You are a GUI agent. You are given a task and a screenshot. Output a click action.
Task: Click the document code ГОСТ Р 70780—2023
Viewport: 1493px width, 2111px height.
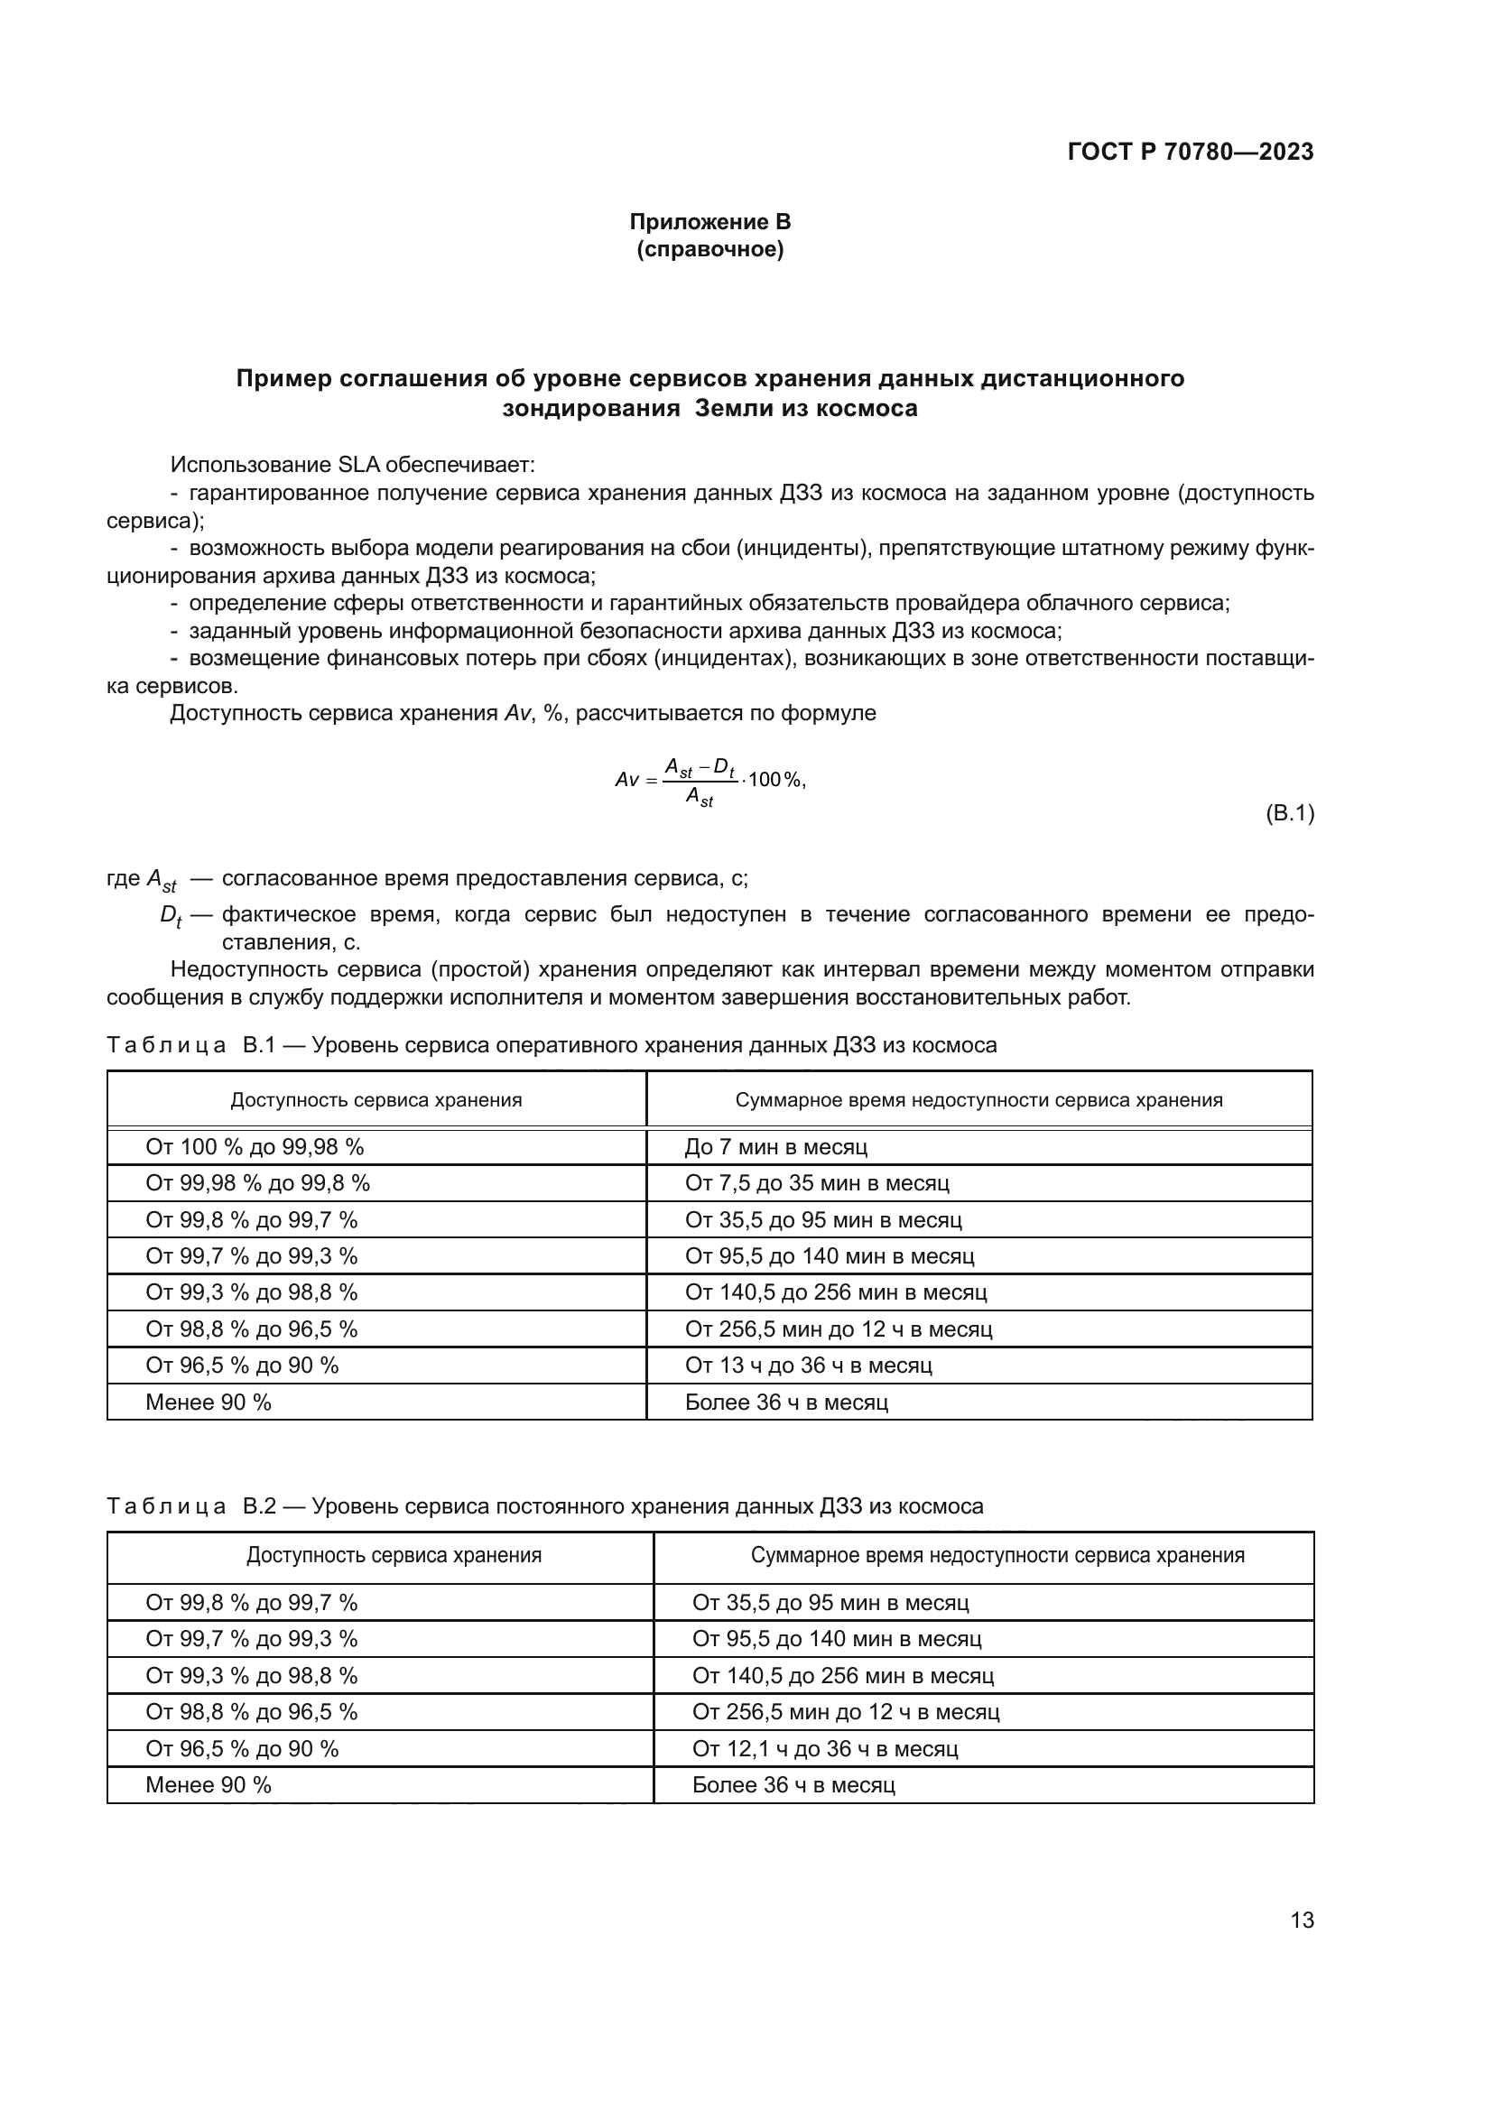point(1190,152)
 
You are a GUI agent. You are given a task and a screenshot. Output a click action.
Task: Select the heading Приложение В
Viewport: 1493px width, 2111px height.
point(709,222)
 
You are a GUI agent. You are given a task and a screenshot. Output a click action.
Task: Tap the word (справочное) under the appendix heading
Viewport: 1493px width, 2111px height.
point(709,250)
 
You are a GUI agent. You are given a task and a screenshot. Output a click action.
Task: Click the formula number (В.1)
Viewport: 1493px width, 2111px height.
point(1289,813)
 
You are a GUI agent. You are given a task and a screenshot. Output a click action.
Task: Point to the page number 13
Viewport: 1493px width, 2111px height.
point(1302,1920)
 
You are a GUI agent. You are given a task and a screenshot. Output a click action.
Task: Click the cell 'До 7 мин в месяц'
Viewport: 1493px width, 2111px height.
point(776,1146)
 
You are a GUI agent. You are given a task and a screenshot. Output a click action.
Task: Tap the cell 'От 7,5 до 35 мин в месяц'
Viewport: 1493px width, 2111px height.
point(816,1183)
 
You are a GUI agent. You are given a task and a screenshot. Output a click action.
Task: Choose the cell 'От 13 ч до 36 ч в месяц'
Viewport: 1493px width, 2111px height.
point(808,1366)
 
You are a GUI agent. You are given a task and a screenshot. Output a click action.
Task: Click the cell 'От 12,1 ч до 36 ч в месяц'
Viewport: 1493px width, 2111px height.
point(825,1748)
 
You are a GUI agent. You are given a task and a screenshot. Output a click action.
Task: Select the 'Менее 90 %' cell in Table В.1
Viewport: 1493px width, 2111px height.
point(209,1403)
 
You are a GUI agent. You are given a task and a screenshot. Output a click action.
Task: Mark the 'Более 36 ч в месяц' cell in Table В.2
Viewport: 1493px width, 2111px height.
point(793,1784)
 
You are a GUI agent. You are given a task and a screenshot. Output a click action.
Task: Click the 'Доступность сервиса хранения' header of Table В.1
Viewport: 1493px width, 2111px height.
point(376,1099)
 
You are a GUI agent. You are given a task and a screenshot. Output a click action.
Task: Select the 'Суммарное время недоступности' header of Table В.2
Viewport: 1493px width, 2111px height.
point(997,1555)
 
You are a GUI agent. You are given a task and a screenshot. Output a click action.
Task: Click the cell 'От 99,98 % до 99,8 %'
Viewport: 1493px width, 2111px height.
point(257,1183)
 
